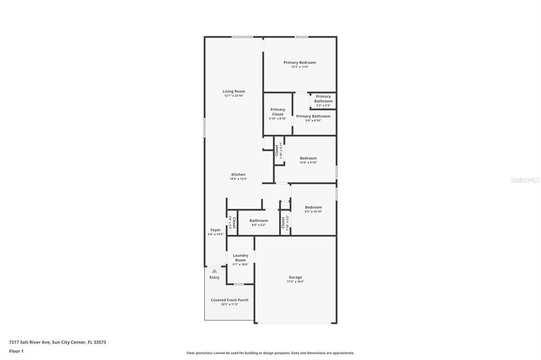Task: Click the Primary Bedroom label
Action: point(300,62)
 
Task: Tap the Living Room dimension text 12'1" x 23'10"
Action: point(234,96)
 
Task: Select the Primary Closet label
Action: point(277,112)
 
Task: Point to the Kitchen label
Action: point(238,175)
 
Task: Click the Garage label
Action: point(295,277)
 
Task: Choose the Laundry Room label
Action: point(240,258)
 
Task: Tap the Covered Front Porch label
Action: point(229,300)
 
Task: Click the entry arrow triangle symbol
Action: point(214,271)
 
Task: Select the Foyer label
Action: point(216,230)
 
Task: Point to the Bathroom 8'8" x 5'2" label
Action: point(259,221)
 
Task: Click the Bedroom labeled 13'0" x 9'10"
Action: point(308,158)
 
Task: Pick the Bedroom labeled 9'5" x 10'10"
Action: point(313,207)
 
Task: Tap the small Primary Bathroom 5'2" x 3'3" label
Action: point(323,99)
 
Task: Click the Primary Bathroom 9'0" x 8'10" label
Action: point(313,116)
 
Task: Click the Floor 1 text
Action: point(16,351)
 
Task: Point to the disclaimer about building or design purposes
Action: point(270,353)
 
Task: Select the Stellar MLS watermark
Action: point(525,180)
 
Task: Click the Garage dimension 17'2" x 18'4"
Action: point(295,282)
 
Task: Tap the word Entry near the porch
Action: point(214,277)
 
